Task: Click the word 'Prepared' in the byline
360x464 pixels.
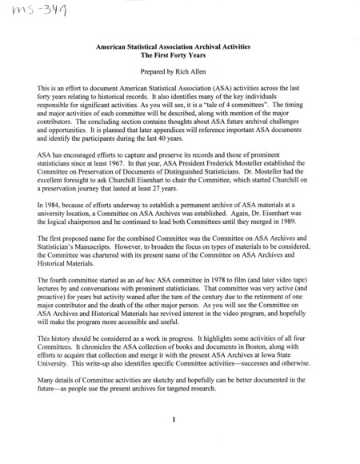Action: tap(154, 72)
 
